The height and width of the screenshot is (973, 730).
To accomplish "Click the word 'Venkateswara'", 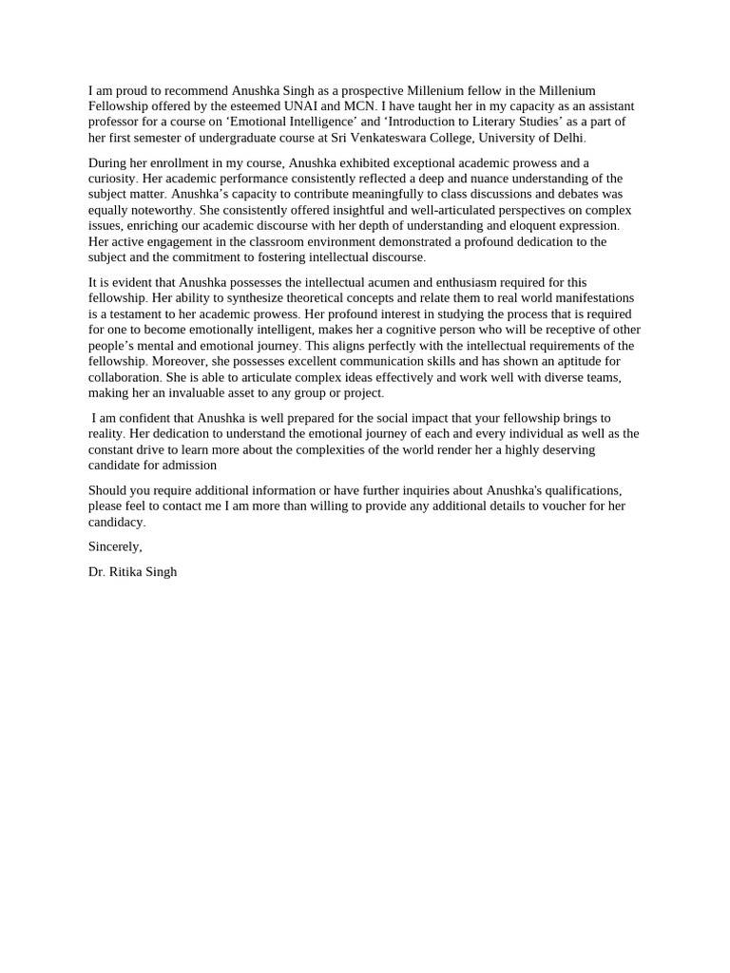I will pyautogui.click(x=366, y=137).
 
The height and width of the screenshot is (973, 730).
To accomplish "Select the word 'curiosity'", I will pyautogui.click(x=114, y=179).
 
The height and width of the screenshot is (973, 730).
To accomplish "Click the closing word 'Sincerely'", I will pyautogui.click(x=114, y=546).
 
